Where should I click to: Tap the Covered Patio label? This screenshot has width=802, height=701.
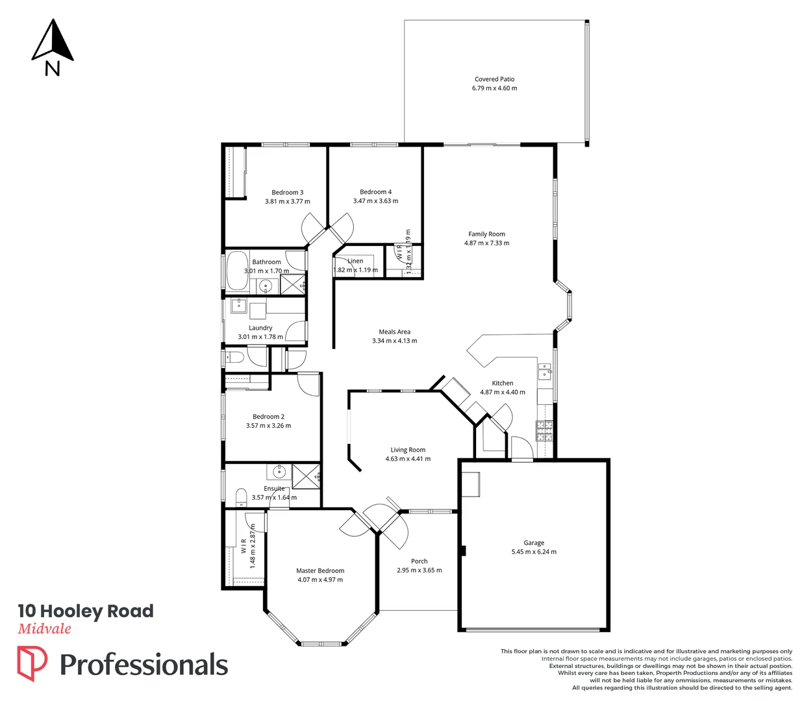pos(494,79)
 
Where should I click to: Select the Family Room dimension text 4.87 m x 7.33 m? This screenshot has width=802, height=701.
pos(486,243)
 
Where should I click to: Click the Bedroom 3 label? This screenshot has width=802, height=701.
pos(287,193)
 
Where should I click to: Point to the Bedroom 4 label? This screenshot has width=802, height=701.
pos(375,192)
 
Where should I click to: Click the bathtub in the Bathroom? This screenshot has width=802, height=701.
pos(234,269)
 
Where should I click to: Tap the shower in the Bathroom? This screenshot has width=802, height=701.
pos(292,284)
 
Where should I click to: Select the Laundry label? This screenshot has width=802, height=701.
pos(260,328)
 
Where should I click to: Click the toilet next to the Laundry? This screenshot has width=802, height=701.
pos(234,358)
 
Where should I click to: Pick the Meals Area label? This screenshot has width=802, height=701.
pos(394,332)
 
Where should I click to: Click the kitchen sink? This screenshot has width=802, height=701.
pos(544,372)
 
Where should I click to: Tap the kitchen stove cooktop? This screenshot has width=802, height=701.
pos(544,431)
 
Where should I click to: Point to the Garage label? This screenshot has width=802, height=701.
pos(534,543)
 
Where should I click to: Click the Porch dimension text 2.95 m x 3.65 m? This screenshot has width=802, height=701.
pos(419,571)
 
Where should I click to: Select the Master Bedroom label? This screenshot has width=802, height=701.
pos(320,571)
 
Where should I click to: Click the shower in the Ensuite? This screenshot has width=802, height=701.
pos(306,476)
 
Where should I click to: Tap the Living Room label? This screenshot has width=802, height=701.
pos(408,450)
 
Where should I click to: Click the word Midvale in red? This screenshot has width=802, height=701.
pos(44,628)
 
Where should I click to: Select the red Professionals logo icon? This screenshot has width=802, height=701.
pos(32,663)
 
